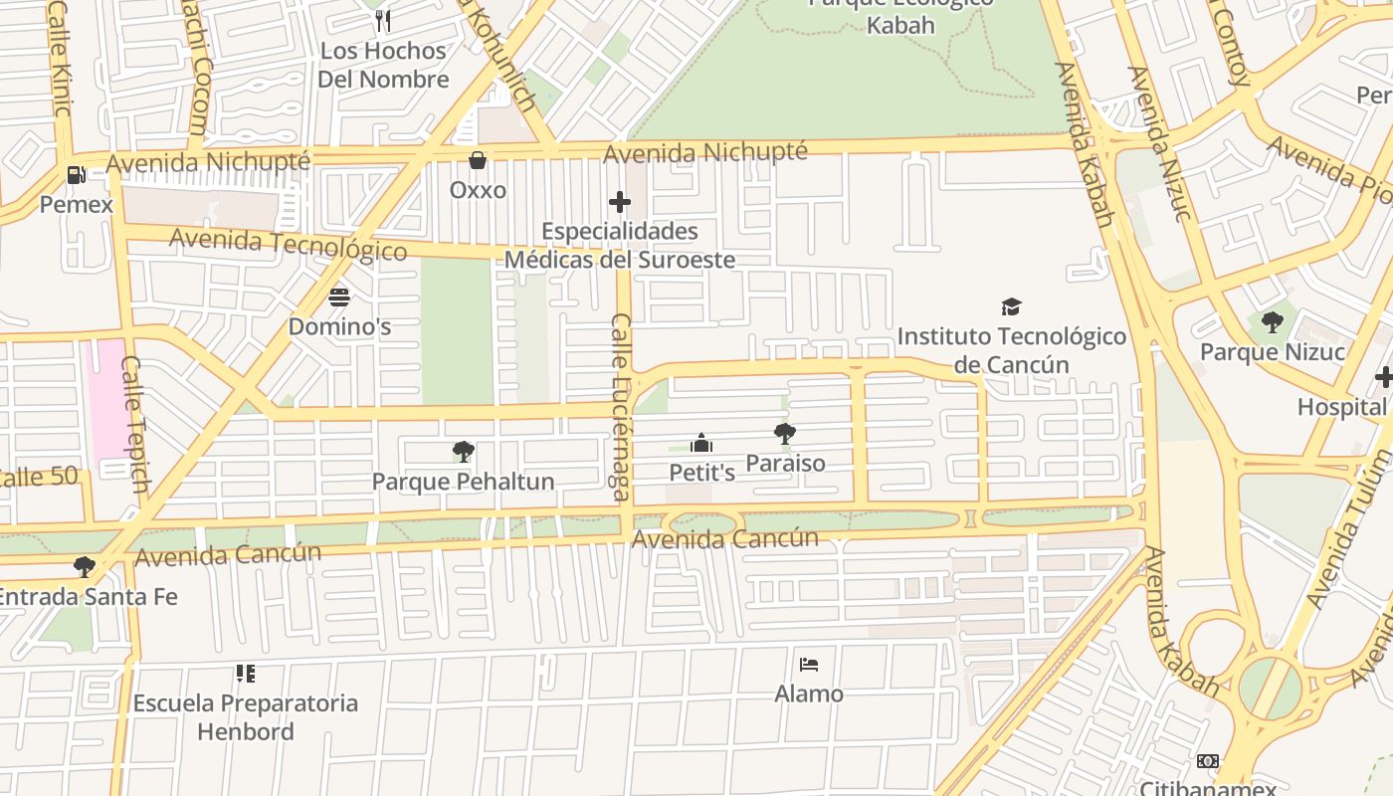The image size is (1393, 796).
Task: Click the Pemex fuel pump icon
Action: pos(76,175)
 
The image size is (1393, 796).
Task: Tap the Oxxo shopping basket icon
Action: pos(478,160)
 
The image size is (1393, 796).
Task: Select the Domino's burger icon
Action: pos(339,297)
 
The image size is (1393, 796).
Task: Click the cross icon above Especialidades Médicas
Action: pos(620,202)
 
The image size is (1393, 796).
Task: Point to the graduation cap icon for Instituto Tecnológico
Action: pos(1011,306)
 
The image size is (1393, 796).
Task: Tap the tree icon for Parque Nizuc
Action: pos(1272,322)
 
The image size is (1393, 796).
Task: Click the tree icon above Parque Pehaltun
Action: pos(463,452)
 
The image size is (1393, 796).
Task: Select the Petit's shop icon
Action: pos(701,443)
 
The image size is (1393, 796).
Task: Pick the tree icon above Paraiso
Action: pos(785,434)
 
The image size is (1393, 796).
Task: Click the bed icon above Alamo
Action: pos(809,664)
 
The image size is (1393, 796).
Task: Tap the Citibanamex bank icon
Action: pos(1208,761)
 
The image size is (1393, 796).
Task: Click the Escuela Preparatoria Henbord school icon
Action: pos(246,674)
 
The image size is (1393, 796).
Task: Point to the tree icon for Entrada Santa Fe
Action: pos(85,567)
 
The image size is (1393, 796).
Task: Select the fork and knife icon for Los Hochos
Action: pos(383,21)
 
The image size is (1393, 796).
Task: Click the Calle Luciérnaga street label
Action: pos(621,406)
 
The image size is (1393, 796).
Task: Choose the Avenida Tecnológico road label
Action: pos(288,244)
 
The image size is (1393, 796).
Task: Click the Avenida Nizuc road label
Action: pos(1160,143)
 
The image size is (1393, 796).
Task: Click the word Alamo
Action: pos(809,694)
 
